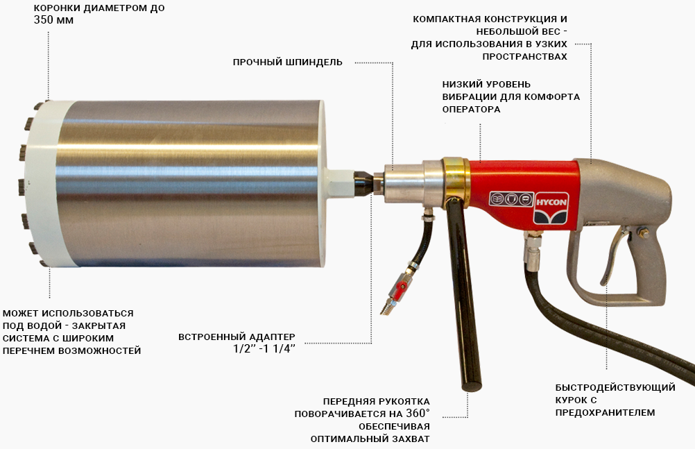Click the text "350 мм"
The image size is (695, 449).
pyautogui.click(x=53, y=20)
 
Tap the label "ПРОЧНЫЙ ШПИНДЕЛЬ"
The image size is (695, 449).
pyautogui.click(x=287, y=62)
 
